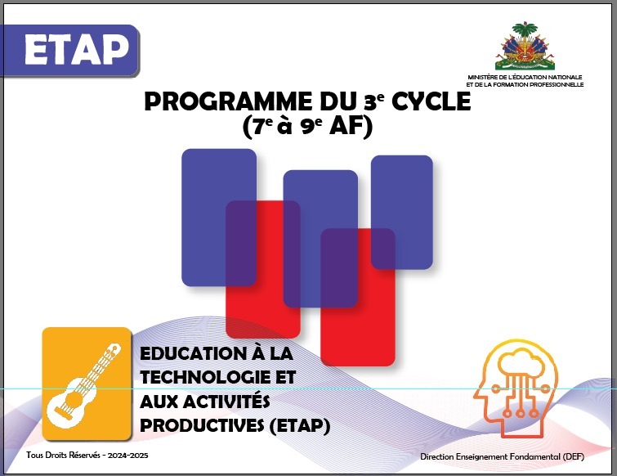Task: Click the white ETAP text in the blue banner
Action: (77, 50)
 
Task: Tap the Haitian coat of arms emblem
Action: (525, 47)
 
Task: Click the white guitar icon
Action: (84, 386)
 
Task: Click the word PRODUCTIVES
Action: (202, 425)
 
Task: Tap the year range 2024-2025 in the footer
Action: (127, 456)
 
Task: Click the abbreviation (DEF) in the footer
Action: (574, 456)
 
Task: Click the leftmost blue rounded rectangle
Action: (219, 218)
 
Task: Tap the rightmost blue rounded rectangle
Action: (402, 212)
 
